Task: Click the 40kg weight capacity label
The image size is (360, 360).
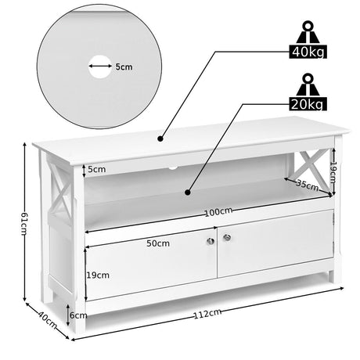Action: coord(308,52)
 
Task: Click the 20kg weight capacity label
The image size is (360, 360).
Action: coord(308,104)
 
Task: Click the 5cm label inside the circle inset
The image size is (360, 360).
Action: coord(124,67)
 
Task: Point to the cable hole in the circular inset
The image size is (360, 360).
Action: coord(100,67)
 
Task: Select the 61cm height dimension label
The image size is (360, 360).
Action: coord(23,224)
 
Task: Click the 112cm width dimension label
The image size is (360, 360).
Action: coord(207,314)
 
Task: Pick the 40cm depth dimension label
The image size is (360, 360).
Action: coord(48,320)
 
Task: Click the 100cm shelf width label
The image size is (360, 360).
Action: coord(218,212)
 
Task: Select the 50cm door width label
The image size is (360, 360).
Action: coord(158,243)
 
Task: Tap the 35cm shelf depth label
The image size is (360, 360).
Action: coord(308,185)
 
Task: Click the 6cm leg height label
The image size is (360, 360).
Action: coord(78,315)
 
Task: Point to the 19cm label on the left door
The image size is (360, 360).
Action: coord(98,275)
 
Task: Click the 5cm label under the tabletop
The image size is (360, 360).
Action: coord(97,169)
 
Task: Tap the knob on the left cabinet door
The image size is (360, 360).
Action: coord(211,241)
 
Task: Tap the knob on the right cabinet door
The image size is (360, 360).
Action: coord(227,237)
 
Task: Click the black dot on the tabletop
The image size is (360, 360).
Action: coord(160,139)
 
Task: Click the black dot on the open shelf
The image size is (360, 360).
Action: coord(188,193)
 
